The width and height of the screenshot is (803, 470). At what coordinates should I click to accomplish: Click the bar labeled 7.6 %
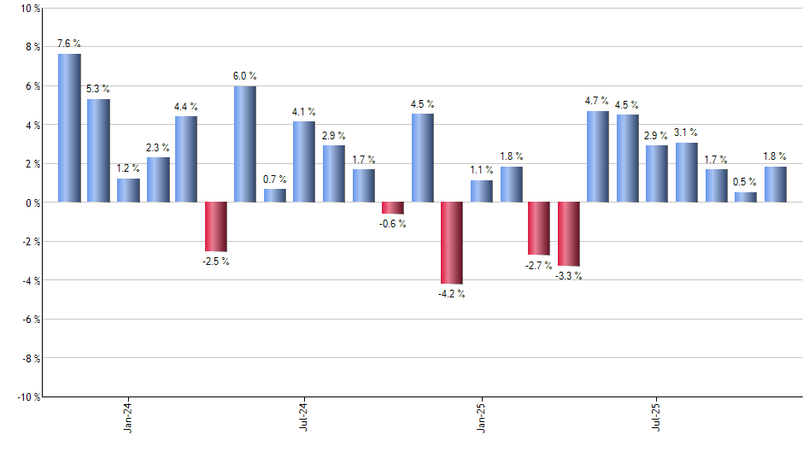click(69, 128)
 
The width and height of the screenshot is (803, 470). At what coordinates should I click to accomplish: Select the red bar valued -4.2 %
click(452, 243)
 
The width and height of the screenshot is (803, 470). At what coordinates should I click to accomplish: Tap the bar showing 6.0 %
click(245, 144)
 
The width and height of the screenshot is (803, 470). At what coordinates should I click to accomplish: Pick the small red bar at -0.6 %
click(393, 208)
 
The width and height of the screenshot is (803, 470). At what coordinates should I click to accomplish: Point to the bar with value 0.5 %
click(746, 197)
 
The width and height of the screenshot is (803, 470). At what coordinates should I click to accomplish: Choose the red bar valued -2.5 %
click(215, 226)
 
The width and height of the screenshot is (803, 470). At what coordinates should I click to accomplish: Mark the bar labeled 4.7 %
click(598, 156)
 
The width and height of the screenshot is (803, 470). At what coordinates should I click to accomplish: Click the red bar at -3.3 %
click(569, 234)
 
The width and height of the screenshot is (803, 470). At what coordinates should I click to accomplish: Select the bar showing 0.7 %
click(275, 196)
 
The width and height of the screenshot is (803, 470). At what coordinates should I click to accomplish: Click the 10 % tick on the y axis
click(29, 8)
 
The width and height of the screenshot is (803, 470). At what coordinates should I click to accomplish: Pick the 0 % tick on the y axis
click(32, 203)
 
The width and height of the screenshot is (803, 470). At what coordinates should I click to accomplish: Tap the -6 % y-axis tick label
click(29, 319)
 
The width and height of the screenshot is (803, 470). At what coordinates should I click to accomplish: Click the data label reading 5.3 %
click(98, 89)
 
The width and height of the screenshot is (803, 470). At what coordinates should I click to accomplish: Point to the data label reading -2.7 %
click(539, 267)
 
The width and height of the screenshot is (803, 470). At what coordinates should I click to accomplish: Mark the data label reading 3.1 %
click(687, 132)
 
